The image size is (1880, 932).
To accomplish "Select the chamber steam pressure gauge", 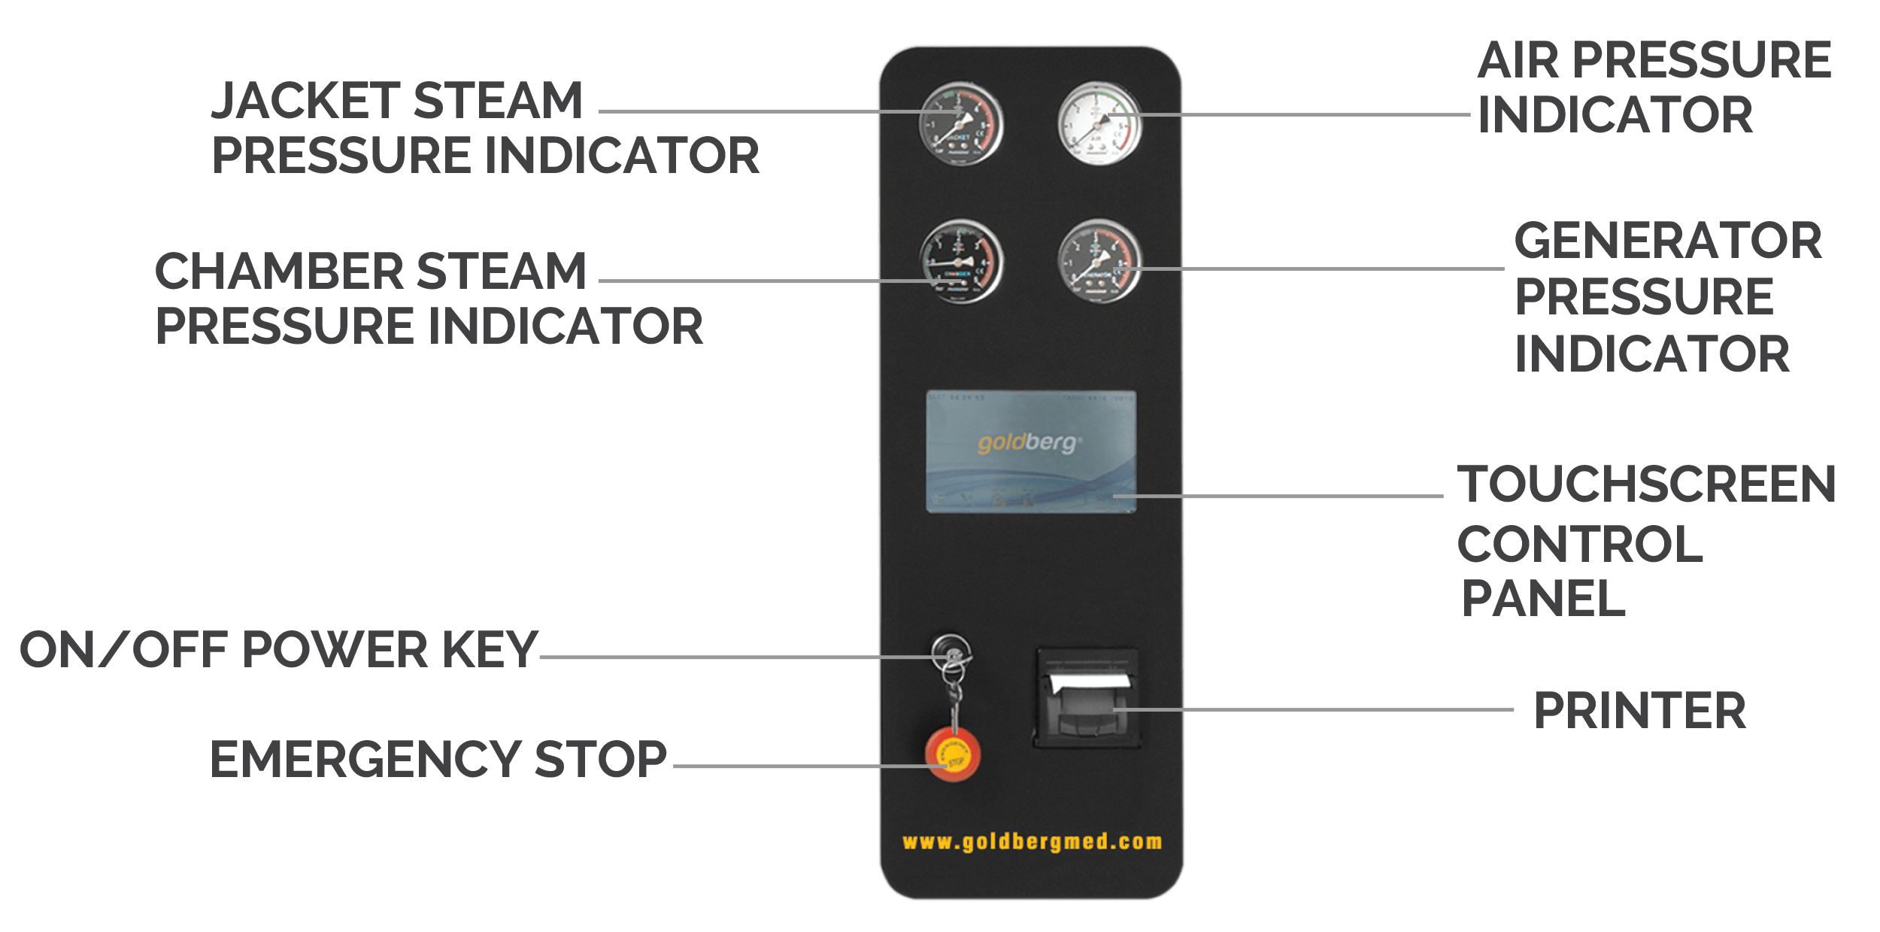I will tap(960, 261).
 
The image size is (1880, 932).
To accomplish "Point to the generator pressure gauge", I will tap(1099, 261).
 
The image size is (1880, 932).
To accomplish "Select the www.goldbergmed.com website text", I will tap(1032, 842).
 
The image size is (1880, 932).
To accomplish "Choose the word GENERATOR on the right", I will tap(1667, 241).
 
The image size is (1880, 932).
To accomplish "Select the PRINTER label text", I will tap(1639, 711).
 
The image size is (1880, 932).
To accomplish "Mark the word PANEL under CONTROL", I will tap(1543, 599).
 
